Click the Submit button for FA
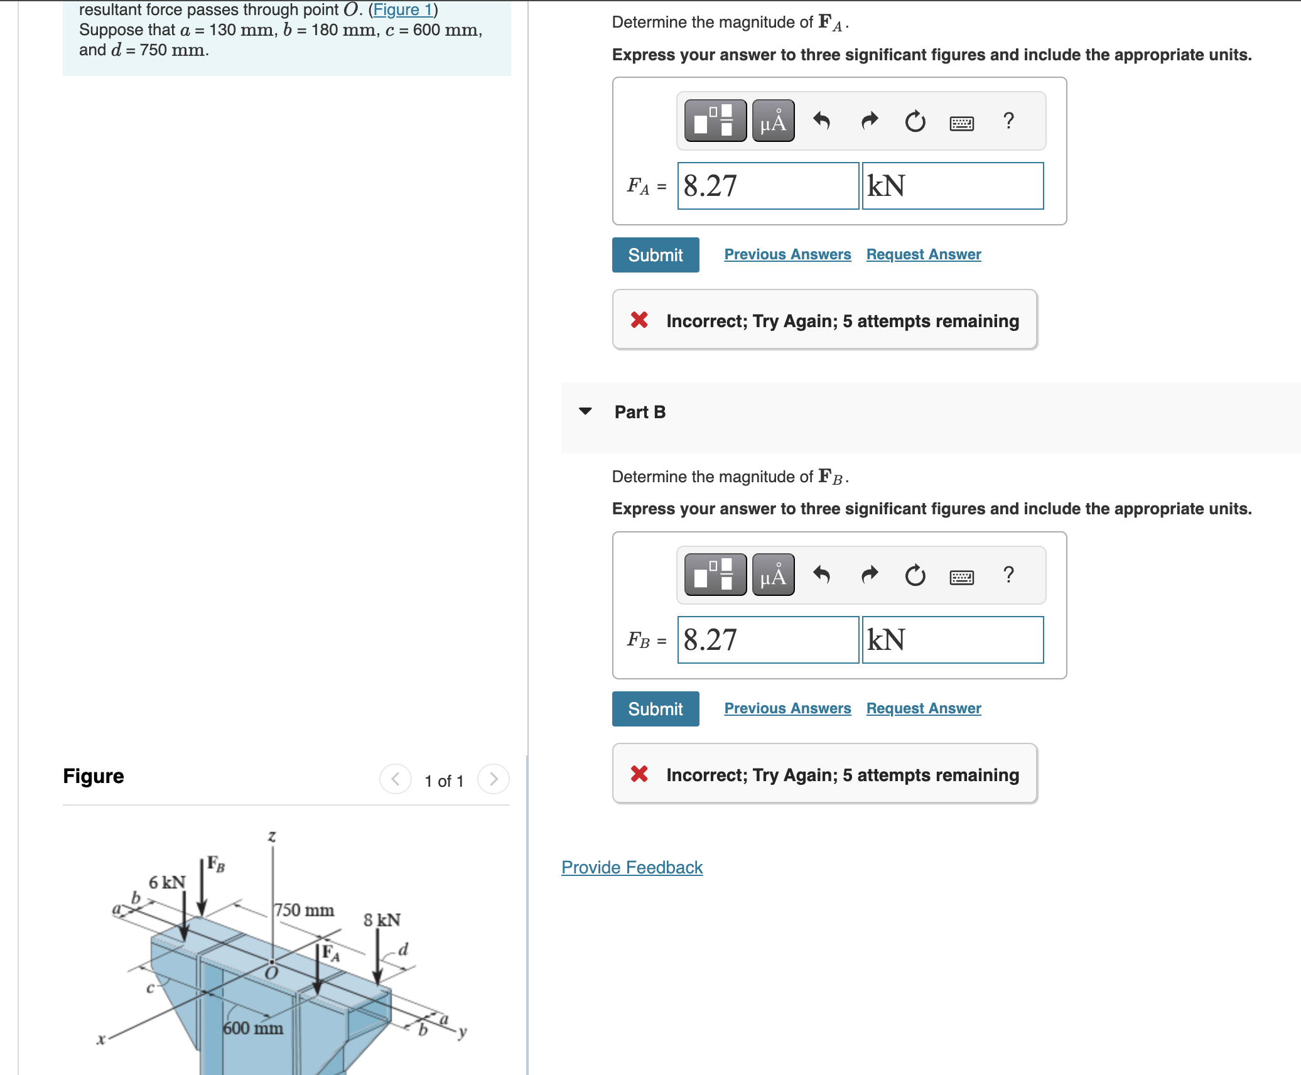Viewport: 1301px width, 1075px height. tap(655, 255)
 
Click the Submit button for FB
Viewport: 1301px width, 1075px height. tap(655, 709)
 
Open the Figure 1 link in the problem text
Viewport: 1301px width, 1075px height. tap(403, 9)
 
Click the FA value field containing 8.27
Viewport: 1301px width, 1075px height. tap(767, 186)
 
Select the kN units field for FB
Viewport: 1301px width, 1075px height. tap(952, 640)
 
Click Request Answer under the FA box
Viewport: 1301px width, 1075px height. tap(923, 254)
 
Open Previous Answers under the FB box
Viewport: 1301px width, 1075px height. tap(787, 708)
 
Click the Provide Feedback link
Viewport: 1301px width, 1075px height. tap(632, 867)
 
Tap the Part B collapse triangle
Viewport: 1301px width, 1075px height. tap(585, 411)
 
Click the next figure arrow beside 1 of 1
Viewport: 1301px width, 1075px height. tap(494, 779)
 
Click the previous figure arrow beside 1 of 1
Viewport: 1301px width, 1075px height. tap(396, 779)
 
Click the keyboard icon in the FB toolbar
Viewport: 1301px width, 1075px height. tap(961, 576)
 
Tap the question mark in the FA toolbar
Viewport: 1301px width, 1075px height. tap(1008, 120)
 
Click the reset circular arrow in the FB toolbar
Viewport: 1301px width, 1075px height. tap(915, 575)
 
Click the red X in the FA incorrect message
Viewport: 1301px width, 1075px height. tap(639, 320)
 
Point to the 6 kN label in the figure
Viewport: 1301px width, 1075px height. tap(166, 882)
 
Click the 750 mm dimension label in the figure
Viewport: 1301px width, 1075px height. tap(305, 910)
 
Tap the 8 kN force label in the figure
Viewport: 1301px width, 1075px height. tap(382, 920)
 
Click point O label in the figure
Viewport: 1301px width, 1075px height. tap(271, 974)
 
